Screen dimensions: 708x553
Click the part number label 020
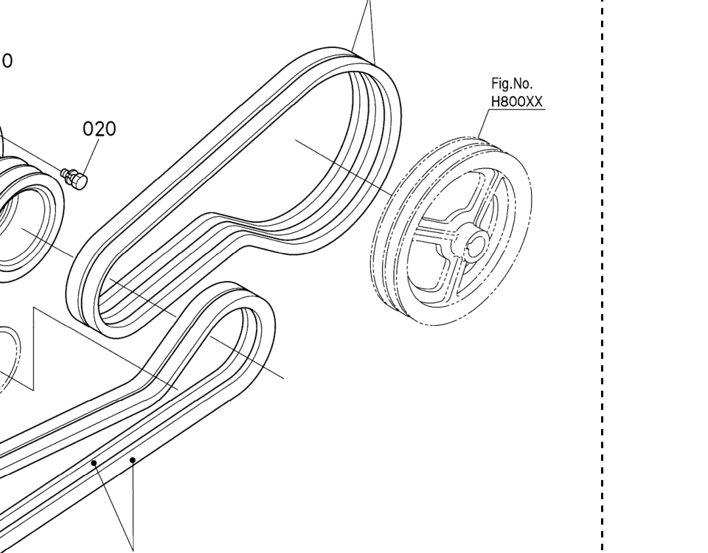coord(100,128)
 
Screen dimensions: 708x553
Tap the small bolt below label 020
coord(74,178)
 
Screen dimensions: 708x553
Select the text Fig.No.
coord(512,83)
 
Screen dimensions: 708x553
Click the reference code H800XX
coord(516,102)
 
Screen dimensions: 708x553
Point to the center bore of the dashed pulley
coord(476,244)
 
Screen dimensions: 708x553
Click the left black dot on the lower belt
coord(94,463)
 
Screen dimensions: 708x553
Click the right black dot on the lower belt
coord(132,460)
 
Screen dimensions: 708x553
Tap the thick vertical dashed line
coord(603,276)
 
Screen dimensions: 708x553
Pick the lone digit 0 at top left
coord(7,60)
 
